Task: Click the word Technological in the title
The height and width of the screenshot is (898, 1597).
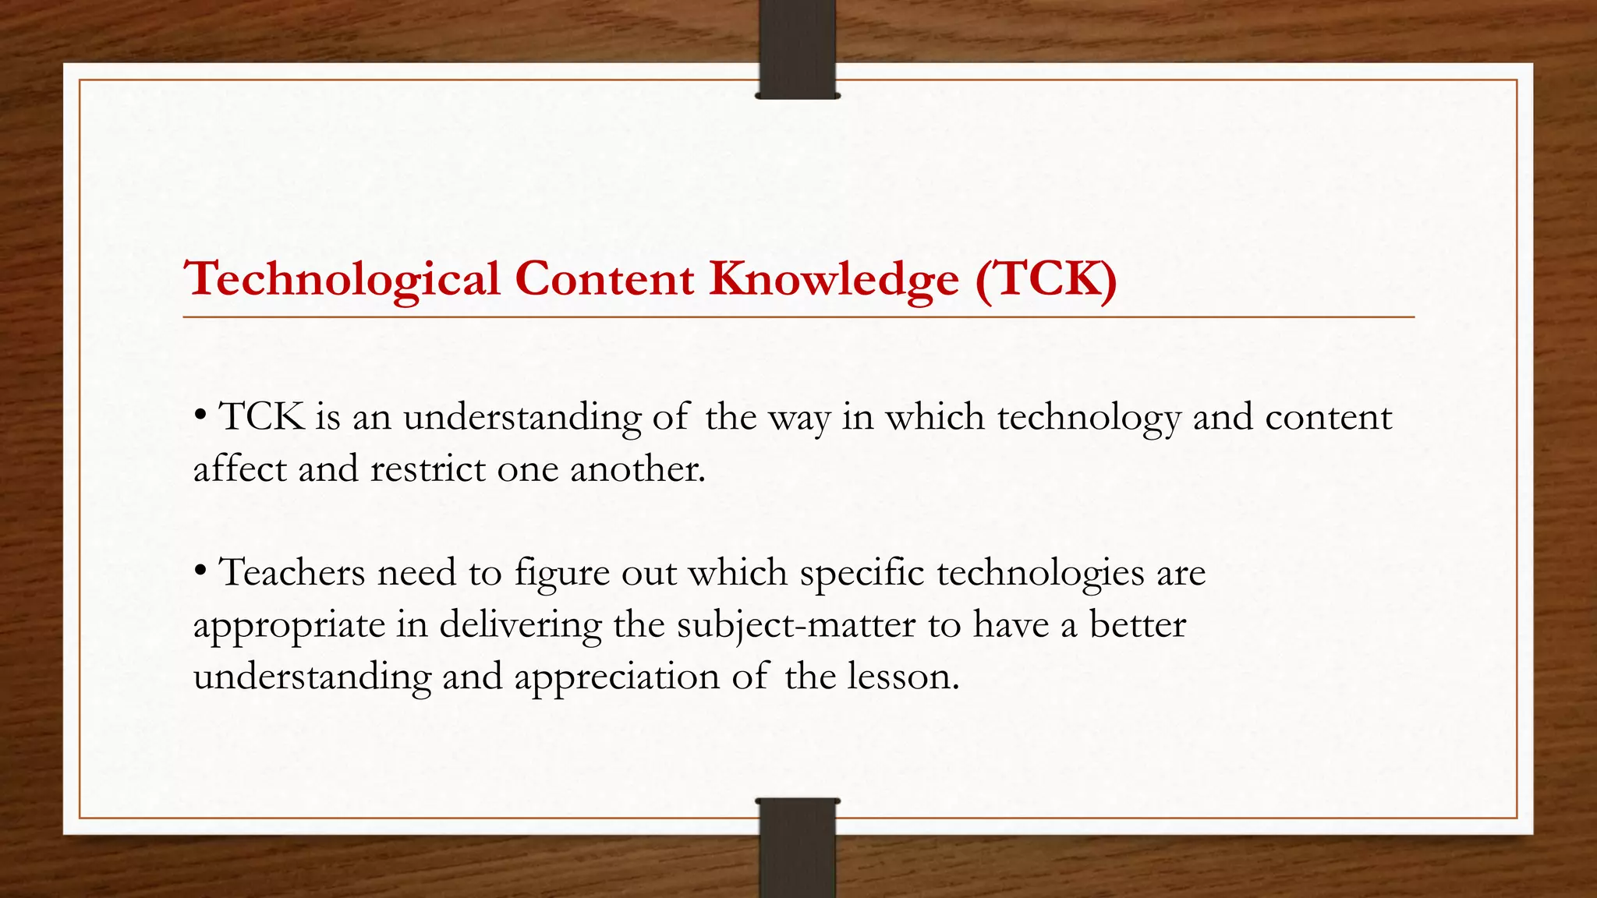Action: point(342,280)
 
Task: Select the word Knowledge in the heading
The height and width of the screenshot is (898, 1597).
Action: point(834,280)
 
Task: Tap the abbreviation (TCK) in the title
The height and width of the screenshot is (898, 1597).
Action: point(1046,278)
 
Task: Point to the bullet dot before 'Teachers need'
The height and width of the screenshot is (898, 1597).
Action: point(200,571)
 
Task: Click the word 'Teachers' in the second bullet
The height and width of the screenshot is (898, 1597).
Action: point(292,573)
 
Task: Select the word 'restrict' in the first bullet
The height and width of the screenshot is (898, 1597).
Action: point(428,469)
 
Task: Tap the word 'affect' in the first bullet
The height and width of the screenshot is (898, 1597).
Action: point(239,469)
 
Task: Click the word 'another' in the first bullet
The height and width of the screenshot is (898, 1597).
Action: point(637,469)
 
